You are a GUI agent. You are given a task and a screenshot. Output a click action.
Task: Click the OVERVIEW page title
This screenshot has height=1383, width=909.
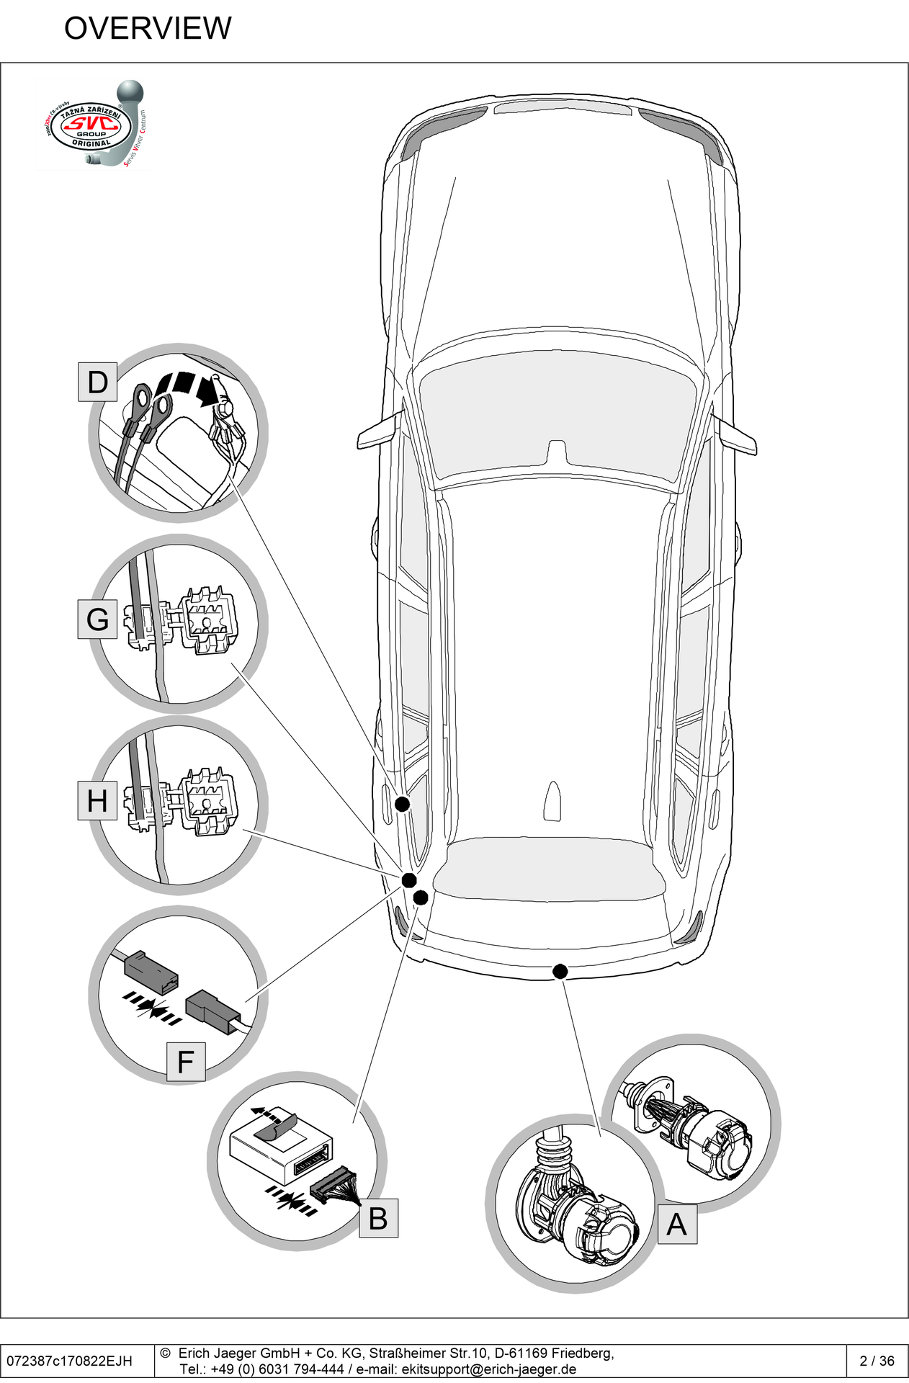pyautogui.click(x=148, y=29)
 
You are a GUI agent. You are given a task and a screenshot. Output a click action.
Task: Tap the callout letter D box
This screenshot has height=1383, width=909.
pyautogui.click(x=97, y=382)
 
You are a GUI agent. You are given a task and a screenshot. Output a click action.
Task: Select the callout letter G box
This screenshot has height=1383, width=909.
pyautogui.click(x=97, y=619)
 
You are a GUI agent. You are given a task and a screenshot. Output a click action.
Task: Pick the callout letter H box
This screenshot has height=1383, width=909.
pyautogui.click(x=97, y=801)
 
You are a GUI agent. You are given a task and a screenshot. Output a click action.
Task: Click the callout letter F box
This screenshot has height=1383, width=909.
pyautogui.click(x=186, y=1062)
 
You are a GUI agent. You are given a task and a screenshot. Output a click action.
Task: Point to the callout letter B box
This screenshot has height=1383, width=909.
pyautogui.click(x=378, y=1218)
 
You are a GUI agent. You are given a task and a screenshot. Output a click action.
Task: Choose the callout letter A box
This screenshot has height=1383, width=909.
pyautogui.click(x=676, y=1224)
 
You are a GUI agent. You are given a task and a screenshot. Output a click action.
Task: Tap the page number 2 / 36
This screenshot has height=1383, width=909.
pyautogui.click(x=877, y=1361)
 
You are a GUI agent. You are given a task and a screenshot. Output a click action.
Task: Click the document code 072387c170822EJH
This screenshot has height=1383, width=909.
pyautogui.click(x=70, y=1361)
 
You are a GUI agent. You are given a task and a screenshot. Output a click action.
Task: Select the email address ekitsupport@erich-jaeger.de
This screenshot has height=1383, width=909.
pyautogui.click(x=488, y=1369)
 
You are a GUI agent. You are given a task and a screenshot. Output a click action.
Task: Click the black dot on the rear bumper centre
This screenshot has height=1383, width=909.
pyautogui.click(x=560, y=972)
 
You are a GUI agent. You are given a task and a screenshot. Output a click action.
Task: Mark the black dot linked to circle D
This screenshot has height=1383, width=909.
pyautogui.click(x=402, y=804)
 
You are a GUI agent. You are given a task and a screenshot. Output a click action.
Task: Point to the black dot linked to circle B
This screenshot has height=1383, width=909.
pyautogui.click(x=421, y=898)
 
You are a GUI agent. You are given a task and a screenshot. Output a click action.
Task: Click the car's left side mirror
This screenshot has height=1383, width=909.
pyautogui.click(x=379, y=432)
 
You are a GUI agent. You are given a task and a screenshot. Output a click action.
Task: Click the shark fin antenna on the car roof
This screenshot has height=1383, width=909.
pyautogui.click(x=552, y=801)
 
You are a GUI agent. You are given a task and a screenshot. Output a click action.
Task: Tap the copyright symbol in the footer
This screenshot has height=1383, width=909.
pyautogui.click(x=165, y=1353)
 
